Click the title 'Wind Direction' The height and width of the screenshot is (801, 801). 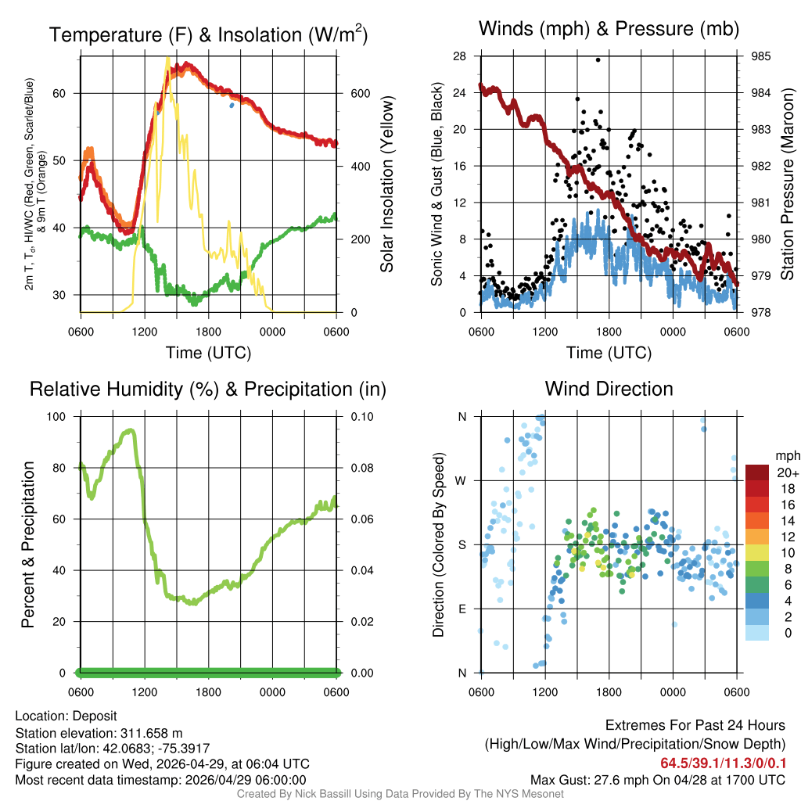pos(609,389)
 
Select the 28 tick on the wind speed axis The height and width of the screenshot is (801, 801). pos(459,56)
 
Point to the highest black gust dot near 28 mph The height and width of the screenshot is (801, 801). pos(598,59)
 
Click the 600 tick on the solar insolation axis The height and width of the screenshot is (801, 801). pos(360,93)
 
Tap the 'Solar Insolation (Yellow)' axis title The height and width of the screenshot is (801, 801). pos(387,185)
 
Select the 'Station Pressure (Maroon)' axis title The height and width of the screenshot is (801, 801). pos(788,185)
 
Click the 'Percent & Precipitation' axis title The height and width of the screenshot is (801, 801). pos(28,544)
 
